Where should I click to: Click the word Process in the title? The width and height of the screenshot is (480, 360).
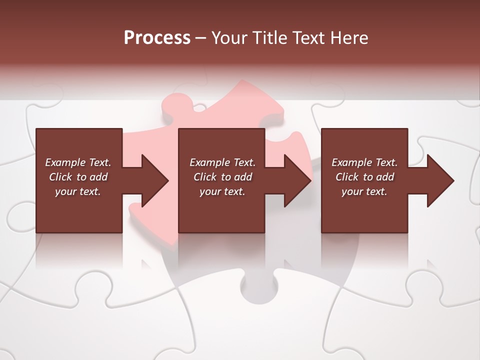tap(157, 38)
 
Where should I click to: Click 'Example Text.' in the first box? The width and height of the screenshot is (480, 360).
tap(78, 162)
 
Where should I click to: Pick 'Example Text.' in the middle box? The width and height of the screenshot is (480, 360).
tap(222, 162)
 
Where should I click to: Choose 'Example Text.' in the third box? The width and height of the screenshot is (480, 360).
tap(364, 162)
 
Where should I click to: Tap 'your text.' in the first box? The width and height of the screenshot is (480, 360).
tap(78, 191)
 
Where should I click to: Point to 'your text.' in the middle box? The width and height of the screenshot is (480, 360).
tap(222, 191)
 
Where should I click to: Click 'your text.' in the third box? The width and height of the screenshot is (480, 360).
tap(364, 191)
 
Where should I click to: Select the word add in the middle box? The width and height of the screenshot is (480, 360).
tap(242, 177)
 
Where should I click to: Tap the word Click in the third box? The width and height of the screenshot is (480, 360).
tap(347, 177)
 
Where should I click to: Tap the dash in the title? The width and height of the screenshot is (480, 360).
tap(200, 38)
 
